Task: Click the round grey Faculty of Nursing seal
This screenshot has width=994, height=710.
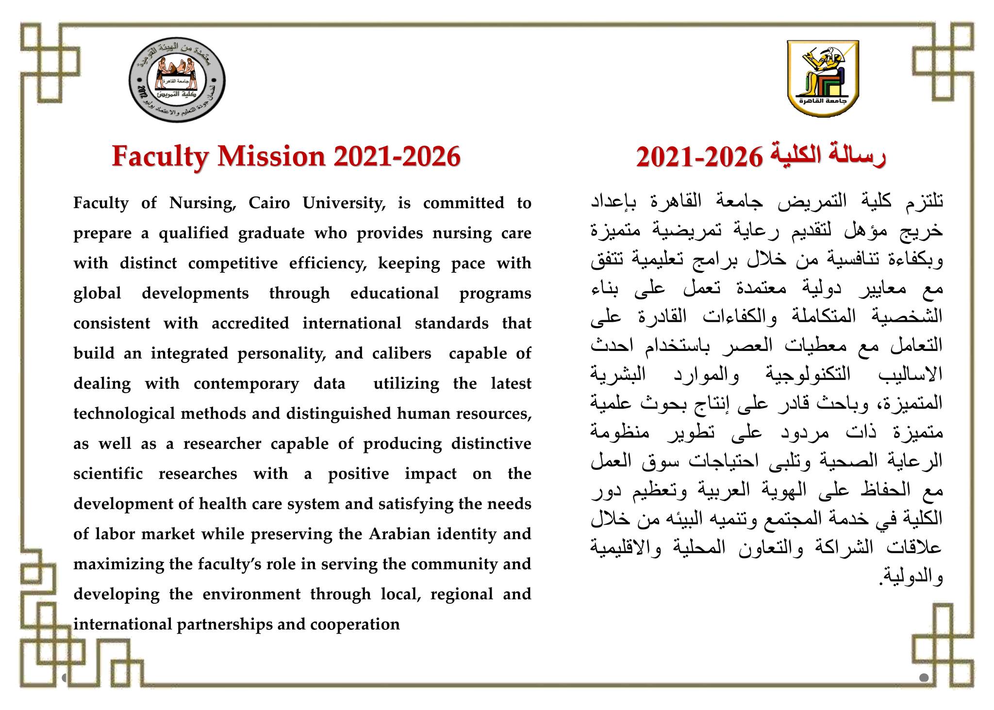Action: (177, 81)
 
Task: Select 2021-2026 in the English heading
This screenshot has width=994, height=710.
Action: (397, 157)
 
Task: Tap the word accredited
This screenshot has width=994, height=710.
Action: (250, 324)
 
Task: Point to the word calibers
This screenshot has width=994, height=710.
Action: (401, 354)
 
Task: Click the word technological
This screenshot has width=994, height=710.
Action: (125, 414)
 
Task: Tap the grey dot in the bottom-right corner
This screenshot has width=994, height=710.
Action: (924, 677)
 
